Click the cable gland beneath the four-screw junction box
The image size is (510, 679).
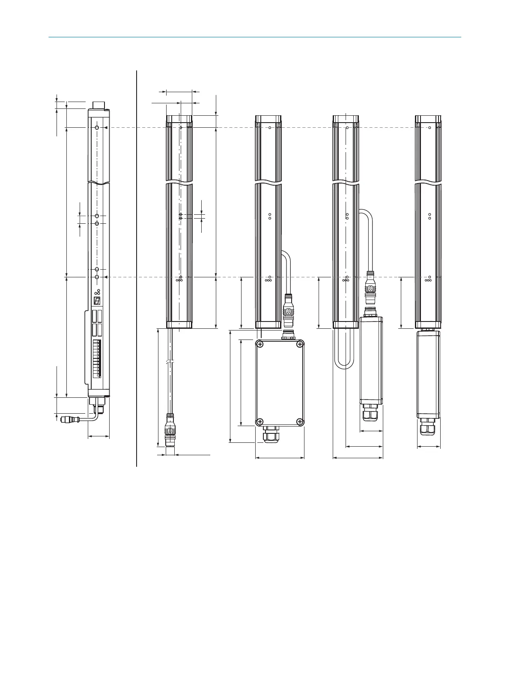tap(269, 435)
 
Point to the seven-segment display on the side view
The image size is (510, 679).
tap(97, 301)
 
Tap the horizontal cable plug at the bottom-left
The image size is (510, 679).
tap(69, 418)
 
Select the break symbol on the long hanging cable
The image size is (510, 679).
tap(170, 363)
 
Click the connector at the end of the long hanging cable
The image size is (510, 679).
tap(170, 430)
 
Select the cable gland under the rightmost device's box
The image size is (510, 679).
tap(429, 427)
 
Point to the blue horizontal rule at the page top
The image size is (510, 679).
tap(255, 37)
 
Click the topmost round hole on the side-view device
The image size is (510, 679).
tap(97, 128)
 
